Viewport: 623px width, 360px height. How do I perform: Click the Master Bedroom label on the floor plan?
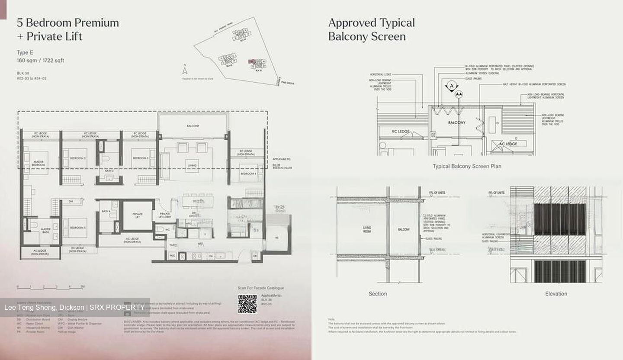[x=39, y=163]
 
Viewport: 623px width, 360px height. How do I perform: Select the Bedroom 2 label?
[x=78, y=158]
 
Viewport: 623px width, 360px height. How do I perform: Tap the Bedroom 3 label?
[x=140, y=158]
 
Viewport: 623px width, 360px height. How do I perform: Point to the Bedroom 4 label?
[x=248, y=174]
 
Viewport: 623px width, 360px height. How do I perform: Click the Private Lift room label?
[x=138, y=215]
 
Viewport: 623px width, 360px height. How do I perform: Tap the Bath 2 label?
[x=109, y=171]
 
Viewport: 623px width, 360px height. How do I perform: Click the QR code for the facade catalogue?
[x=247, y=304]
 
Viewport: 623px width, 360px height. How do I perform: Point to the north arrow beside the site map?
[x=185, y=70]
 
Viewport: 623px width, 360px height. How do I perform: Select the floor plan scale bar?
[x=50, y=287]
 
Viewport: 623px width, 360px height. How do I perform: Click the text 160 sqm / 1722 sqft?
[x=40, y=61]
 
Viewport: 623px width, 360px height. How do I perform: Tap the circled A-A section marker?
[x=459, y=94]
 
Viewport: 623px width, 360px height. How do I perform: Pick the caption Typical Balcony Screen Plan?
[x=467, y=166]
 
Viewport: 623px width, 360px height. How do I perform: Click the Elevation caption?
[x=556, y=294]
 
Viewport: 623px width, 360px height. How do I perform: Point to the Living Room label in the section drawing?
[x=367, y=229]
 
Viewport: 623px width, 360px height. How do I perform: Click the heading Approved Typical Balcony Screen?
[x=371, y=29]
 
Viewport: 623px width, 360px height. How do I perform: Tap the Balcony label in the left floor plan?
[x=193, y=126]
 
